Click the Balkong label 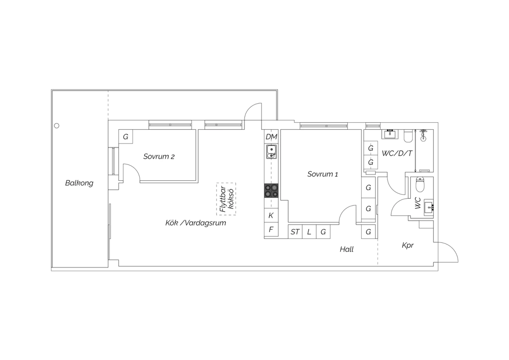point(79,183)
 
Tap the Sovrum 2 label point(159,157)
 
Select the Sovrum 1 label point(322,174)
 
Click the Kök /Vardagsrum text point(196,223)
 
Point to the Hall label point(346,250)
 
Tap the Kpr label point(408,246)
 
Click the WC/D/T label point(397,154)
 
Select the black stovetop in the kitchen point(271,191)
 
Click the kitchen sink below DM point(271,152)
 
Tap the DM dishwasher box point(271,137)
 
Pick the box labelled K point(271,215)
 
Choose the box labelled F point(271,230)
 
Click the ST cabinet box point(295,232)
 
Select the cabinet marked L point(309,232)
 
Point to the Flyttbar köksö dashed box point(226,199)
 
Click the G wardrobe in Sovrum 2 point(126,137)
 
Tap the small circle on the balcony point(57,126)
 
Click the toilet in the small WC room point(420,184)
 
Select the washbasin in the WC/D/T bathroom point(390,134)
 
